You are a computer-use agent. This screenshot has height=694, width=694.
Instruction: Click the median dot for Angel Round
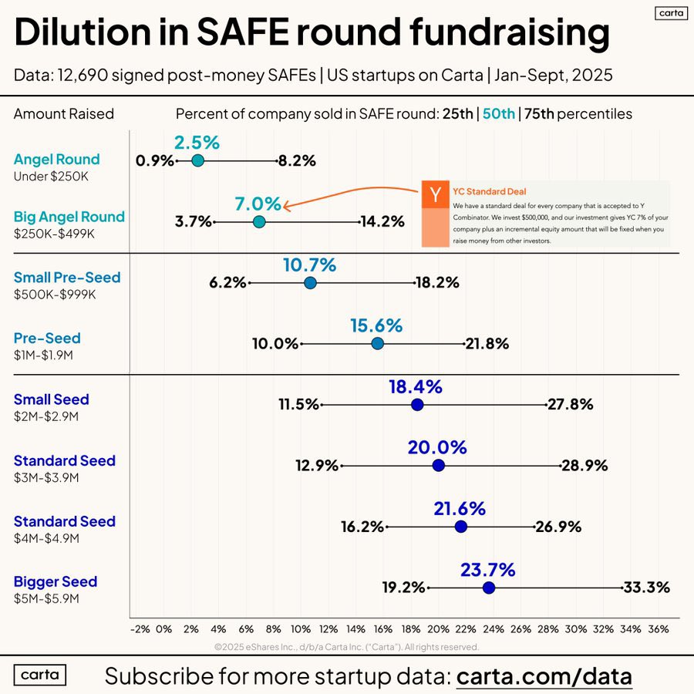click(x=197, y=160)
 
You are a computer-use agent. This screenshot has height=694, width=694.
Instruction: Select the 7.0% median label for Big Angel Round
click(x=258, y=204)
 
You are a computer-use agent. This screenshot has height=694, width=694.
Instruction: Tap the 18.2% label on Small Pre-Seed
click(x=436, y=283)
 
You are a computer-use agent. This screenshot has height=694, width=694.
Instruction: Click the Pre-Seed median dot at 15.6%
click(x=377, y=344)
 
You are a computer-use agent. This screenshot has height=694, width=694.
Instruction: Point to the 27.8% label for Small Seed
click(x=571, y=405)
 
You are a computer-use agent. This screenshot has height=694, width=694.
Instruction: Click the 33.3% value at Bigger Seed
click(x=646, y=588)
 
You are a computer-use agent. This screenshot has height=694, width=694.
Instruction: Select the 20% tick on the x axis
click(x=438, y=629)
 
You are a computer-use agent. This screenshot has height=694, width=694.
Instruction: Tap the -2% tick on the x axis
click(x=140, y=629)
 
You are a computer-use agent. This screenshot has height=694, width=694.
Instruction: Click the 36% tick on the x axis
click(x=658, y=629)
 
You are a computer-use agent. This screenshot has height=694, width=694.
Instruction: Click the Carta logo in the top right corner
click(x=665, y=13)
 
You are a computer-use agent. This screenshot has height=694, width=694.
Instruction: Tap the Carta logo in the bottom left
click(x=40, y=674)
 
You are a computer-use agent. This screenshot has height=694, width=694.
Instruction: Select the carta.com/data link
click(x=544, y=676)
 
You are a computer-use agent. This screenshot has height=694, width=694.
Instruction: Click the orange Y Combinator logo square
click(x=436, y=194)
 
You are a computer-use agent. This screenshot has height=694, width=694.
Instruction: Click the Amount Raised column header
click(x=64, y=114)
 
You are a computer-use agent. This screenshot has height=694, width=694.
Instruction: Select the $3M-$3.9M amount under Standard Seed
click(x=46, y=477)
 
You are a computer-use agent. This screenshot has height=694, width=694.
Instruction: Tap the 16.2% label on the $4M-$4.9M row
click(x=362, y=527)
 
